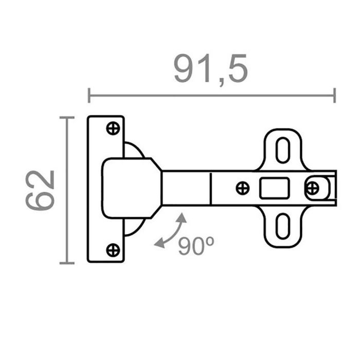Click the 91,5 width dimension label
click(x=211, y=69)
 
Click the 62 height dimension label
click(x=41, y=190)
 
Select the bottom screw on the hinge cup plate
click(x=113, y=250)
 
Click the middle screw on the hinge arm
click(x=242, y=188)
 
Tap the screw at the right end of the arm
click(x=312, y=188)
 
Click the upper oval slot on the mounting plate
click(x=282, y=150)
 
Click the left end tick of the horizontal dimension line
click(x=89, y=95)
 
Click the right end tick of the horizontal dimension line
click(x=335, y=95)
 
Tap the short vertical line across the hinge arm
click(x=211, y=188)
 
